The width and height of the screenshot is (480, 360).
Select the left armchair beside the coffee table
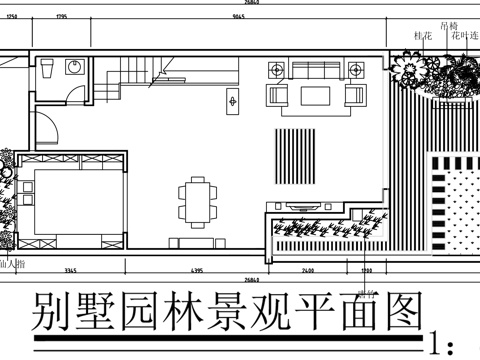pos(277,96)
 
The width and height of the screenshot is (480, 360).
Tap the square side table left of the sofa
pos(276,69)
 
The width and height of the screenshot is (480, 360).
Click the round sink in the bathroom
pos(73,69)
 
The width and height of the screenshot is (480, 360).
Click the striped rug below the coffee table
pos(294,150)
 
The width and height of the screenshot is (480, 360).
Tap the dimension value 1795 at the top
pos(61,17)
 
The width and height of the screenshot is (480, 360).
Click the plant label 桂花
pos(422,36)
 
